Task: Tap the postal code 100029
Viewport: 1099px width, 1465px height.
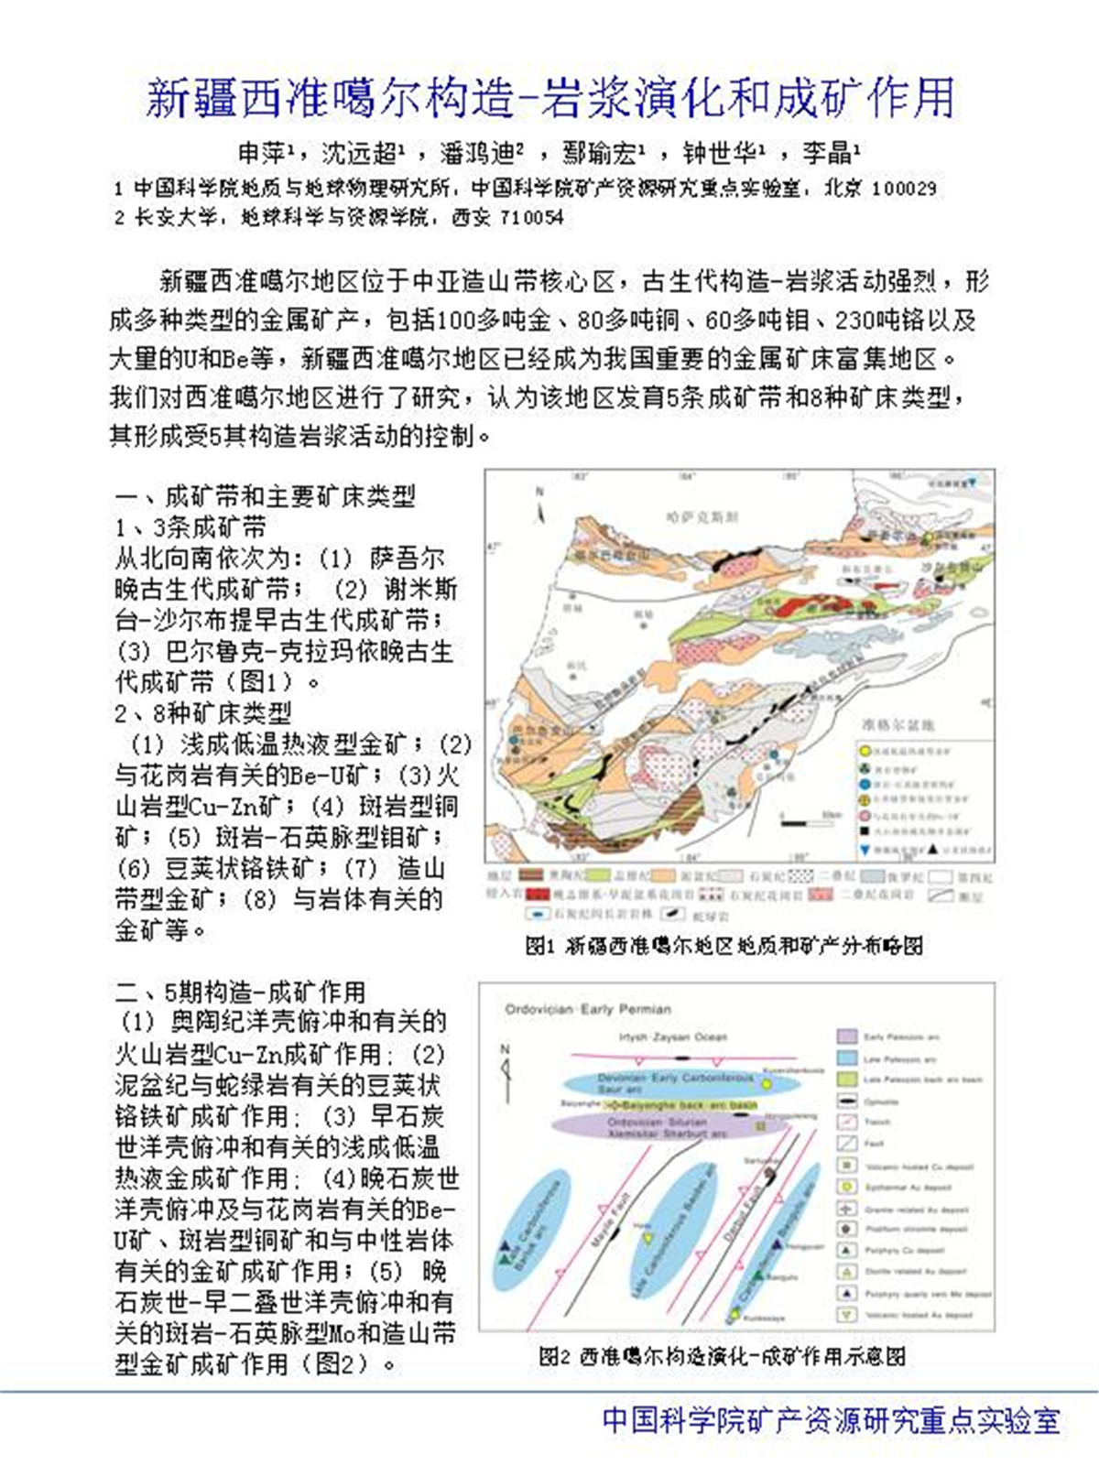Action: click(x=903, y=189)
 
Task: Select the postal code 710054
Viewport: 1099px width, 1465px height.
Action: click(x=531, y=218)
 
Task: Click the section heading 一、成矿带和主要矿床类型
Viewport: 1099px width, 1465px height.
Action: click(x=266, y=497)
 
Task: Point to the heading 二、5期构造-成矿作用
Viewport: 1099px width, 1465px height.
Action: click(x=240, y=992)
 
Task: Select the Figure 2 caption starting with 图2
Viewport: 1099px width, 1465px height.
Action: click(x=722, y=1356)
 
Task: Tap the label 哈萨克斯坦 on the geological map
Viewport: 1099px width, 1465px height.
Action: click(x=702, y=517)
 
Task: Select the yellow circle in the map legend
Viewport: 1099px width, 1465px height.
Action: click(x=865, y=752)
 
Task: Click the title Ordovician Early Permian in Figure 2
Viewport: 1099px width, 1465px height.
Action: click(x=588, y=1009)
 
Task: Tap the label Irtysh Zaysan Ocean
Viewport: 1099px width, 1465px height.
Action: click(x=673, y=1036)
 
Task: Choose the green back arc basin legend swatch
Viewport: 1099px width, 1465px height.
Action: click(x=847, y=1080)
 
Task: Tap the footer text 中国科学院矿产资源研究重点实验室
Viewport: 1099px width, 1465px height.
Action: click(x=831, y=1420)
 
